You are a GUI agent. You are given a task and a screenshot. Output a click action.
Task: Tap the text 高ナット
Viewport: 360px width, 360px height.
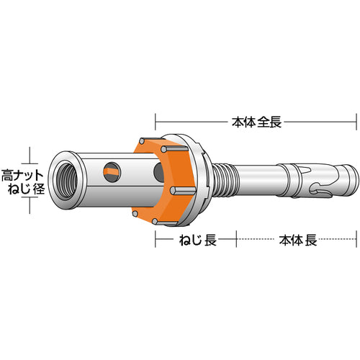(x=22, y=174)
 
